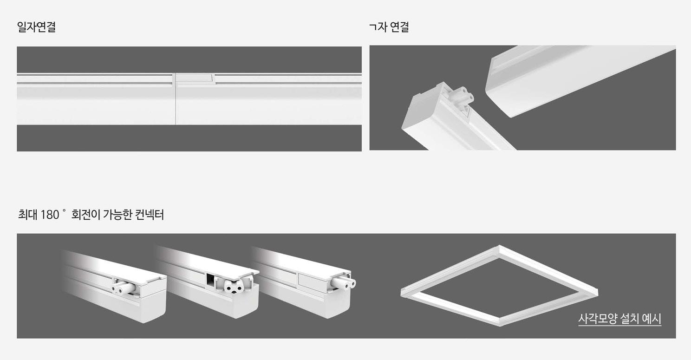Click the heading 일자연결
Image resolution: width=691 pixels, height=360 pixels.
(x=36, y=27)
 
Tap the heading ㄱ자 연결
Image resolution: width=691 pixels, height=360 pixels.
(x=389, y=27)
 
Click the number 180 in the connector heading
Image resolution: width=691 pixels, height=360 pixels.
(x=49, y=215)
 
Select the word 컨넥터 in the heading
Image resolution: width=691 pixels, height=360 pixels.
(x=150, y=215)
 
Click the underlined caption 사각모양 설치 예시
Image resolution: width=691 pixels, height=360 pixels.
(x=619, y=319)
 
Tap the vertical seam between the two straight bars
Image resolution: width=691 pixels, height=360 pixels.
(x=176, y=99)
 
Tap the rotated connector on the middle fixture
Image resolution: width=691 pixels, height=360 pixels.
(x=235, y=285)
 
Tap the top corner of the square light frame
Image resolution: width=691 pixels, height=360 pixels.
(x=499, y=247)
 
